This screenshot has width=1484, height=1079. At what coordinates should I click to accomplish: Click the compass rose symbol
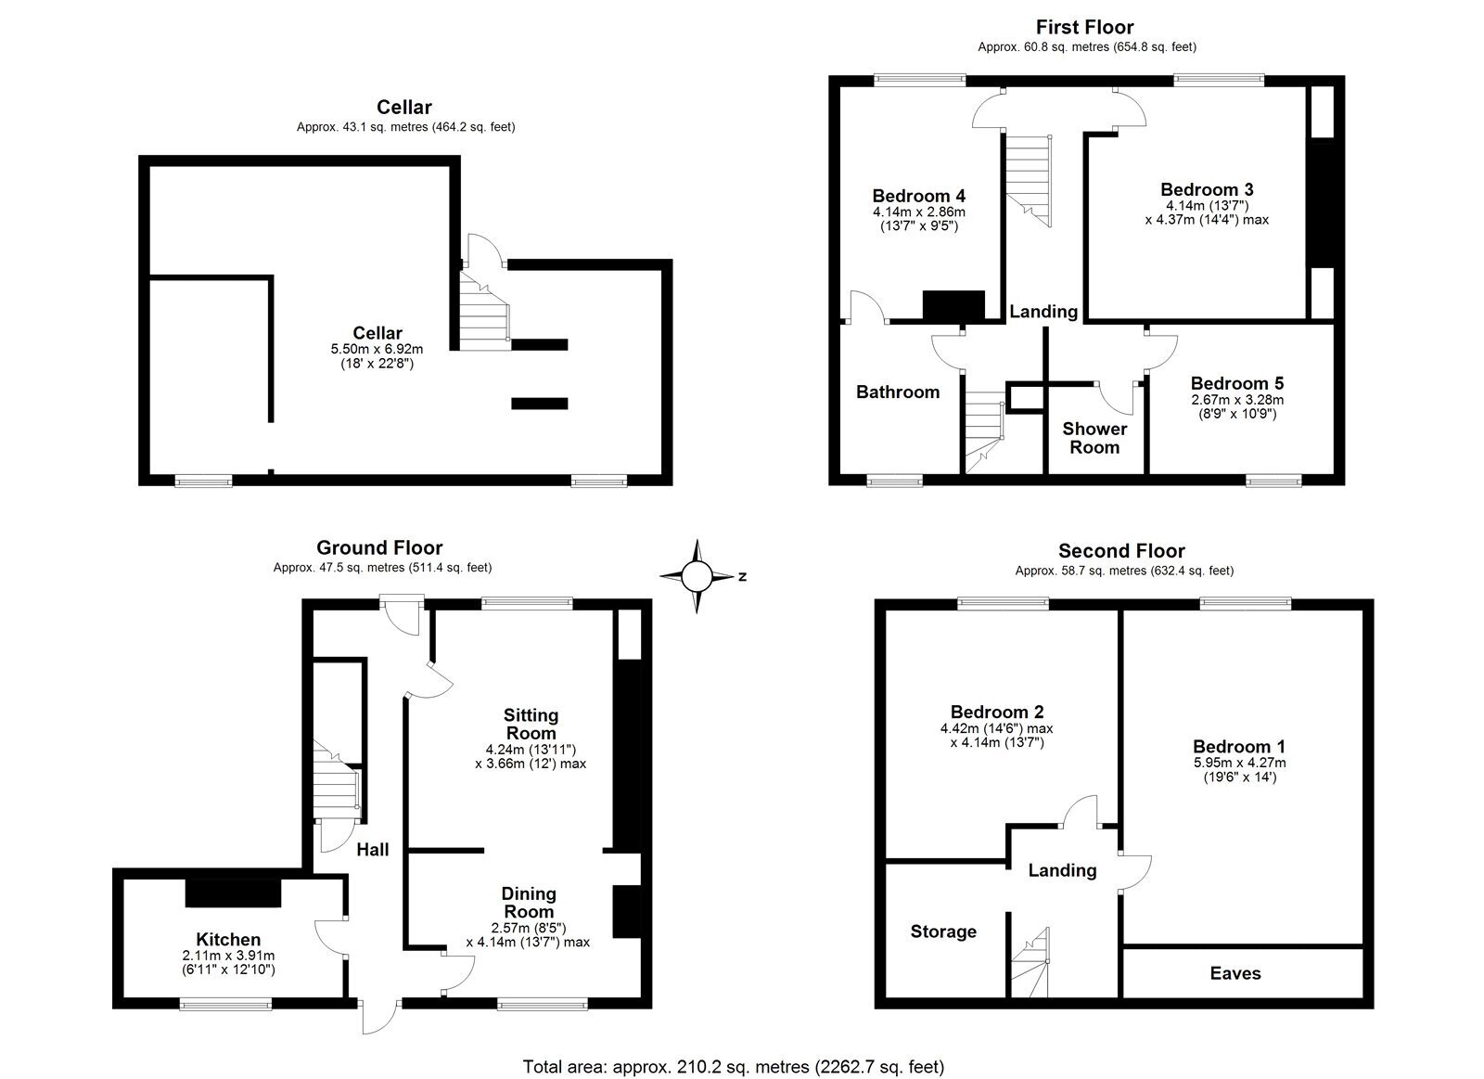click(697, 576)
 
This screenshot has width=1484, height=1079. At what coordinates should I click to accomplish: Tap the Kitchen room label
click(228, 939)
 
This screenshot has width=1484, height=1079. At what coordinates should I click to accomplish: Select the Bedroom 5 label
click(1237, 383)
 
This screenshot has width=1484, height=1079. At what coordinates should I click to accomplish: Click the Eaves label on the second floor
click(1235, 973)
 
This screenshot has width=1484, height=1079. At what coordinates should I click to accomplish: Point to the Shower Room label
click(1094, 438)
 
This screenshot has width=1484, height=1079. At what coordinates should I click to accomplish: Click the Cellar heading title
click(404, 107)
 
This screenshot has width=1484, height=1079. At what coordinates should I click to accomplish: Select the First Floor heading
click(1084, 27)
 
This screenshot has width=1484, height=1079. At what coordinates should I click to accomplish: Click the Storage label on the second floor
click(943, 931)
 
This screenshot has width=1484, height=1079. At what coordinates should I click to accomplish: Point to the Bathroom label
click(898, 392)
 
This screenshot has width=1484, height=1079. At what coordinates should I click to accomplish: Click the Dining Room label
click(529, 902)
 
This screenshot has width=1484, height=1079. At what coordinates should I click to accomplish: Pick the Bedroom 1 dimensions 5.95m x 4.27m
click(1239, 763)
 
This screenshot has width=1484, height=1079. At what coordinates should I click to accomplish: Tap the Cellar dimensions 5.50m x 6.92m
click(377, 349)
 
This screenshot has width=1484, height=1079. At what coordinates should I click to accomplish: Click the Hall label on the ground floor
click(372, 850)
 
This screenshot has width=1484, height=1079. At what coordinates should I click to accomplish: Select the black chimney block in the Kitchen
click(233, 893)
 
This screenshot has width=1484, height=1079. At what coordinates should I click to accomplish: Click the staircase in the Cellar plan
click(484, 312)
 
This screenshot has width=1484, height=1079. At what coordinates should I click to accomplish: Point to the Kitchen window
click(226, 1005)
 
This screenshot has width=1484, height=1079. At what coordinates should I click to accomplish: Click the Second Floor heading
click(1121, 551)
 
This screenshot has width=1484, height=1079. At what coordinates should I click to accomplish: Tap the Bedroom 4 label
click(919, 196)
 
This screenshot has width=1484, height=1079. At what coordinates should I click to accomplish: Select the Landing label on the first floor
click(1043, 312)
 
